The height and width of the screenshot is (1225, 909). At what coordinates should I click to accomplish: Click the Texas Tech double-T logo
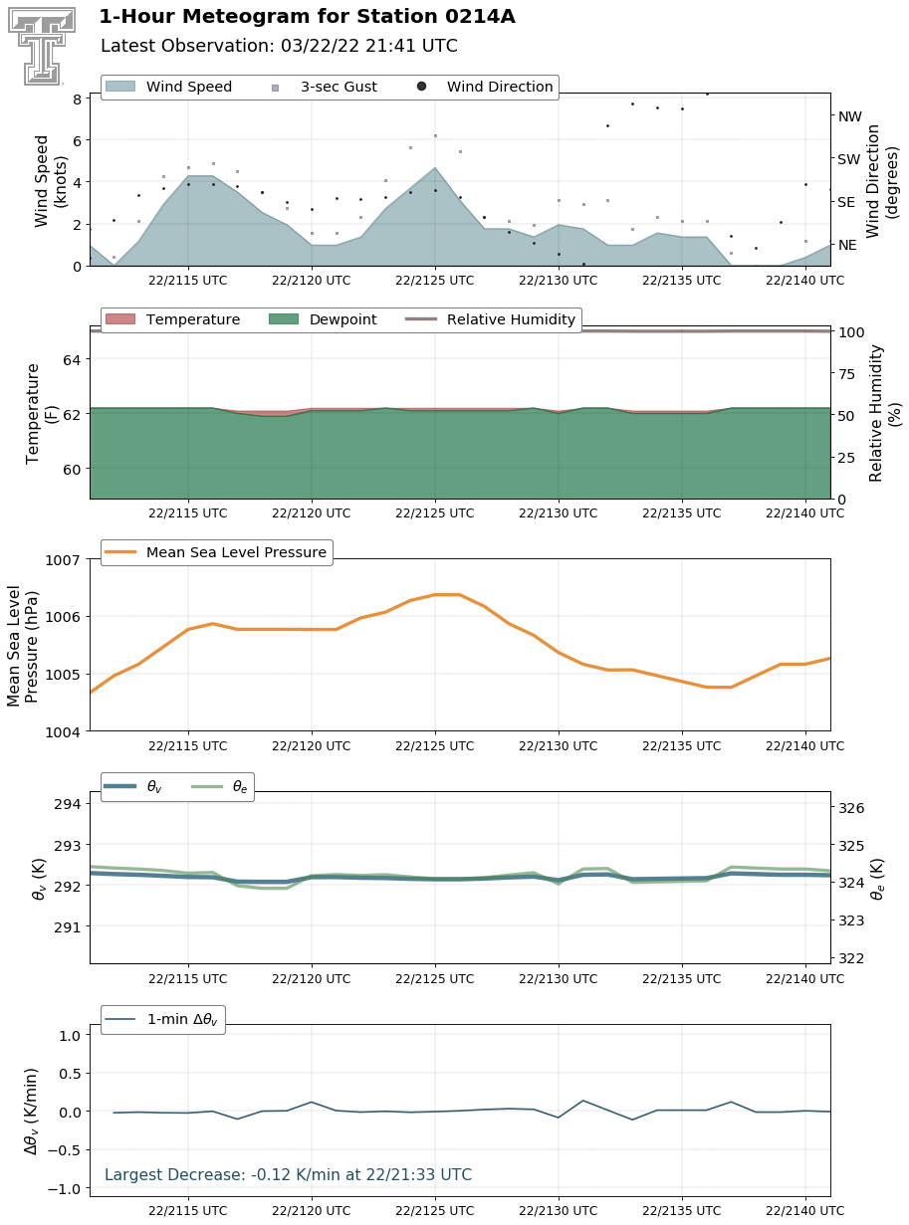click(x=42, y=46)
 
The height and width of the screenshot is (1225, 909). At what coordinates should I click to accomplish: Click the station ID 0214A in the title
click(x=480, y=17)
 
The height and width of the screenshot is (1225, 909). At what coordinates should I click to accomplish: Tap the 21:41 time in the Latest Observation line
click(x=390, y=46)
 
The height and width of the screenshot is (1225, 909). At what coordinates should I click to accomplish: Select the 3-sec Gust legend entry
click(x=325, y=87)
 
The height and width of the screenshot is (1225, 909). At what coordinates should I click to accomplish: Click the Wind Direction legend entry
click(x=485, y=87)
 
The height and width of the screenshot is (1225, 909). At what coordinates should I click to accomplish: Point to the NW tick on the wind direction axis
click(x=849, y=116)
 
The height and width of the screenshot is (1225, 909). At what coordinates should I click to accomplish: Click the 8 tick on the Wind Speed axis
click(x=77, y=99)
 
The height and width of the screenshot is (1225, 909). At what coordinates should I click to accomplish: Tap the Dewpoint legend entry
click(x=323, y=319)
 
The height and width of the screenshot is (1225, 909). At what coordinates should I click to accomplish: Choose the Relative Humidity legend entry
click(x=490, y=319)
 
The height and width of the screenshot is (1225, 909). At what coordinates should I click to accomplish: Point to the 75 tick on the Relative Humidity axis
click(x=847, y=374)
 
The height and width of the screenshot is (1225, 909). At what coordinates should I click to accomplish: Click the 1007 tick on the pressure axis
click(x=63, y=560)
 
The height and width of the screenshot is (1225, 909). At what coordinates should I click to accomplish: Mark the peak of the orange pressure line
click(x=447, y=594)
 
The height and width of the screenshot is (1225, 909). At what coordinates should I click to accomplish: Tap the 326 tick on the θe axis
click(x=851, y=807)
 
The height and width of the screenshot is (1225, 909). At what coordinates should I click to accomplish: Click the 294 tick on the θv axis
click(x=68, y=804)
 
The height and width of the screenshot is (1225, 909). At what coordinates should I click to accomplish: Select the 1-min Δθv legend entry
click(x=162, y=1019)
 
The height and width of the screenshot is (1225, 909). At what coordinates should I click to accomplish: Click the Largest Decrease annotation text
click(x=288, y=1174)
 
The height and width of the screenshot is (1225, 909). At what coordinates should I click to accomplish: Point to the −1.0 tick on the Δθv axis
click(x=65, y=1187)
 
